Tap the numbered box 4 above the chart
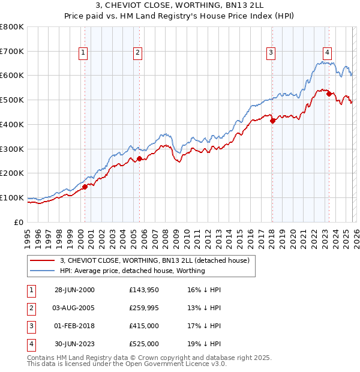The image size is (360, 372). tap(328, 52)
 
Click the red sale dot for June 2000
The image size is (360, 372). tap(85, 187)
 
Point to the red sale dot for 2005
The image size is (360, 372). tap(139, 158)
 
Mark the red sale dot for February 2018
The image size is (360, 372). tap(272, 121)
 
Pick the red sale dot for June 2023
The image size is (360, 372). tap(329, 94)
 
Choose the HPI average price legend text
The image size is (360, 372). tap(133, 271)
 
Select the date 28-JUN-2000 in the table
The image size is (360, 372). tap(74, 290)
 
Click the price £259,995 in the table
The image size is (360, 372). tap(143, 308)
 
